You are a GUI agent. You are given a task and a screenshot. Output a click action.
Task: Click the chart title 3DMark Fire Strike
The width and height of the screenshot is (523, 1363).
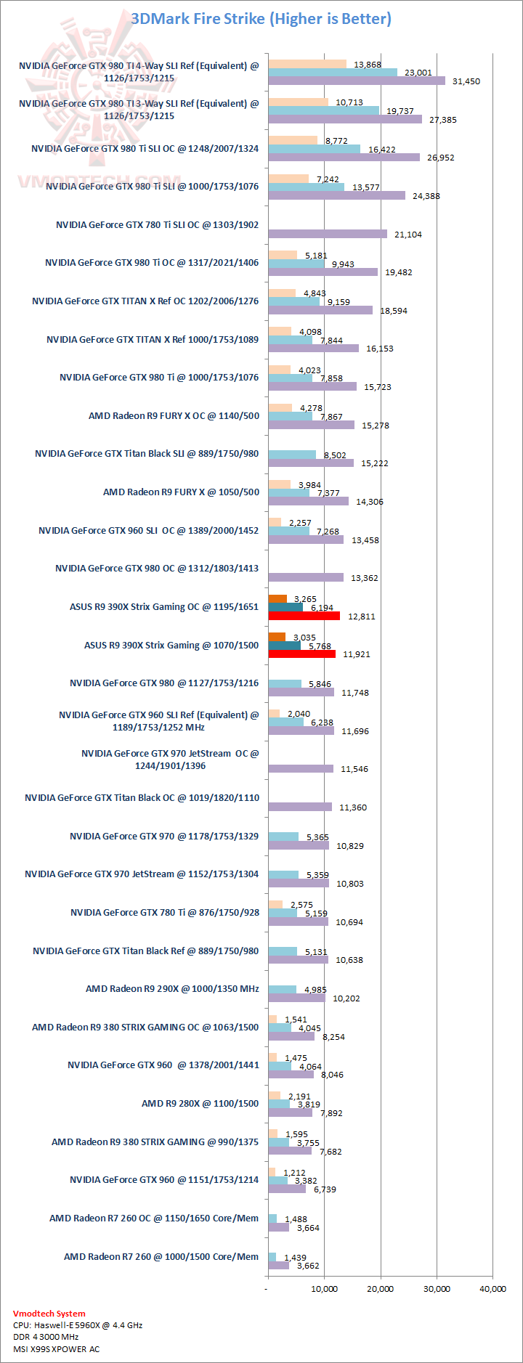click(x=261, y=19)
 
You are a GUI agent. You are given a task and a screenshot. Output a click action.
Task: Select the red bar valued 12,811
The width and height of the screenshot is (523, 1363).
click(x=304, y=616)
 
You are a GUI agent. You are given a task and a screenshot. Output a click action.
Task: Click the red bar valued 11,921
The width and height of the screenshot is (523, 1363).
click(x=301, y=654)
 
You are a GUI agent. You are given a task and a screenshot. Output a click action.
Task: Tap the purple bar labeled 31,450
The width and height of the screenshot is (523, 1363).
click(x=356, y=81)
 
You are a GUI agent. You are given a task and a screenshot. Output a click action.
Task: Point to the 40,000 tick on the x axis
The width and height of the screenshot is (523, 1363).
click(x=493, y=1289)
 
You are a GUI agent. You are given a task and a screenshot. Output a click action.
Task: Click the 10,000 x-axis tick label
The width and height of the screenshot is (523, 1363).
click(x=325, y=1289)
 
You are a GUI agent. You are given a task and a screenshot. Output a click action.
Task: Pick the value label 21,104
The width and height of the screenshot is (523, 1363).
click(x=408, y=235)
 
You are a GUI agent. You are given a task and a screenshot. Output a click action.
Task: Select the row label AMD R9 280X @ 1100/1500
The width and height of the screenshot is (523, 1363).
click(x=200, y=1103)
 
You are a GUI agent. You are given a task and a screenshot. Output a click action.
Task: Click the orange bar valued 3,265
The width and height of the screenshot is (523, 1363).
click(x=277, y=598)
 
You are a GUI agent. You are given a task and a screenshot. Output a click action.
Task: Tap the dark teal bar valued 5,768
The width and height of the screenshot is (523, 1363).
click(x=284, y=646)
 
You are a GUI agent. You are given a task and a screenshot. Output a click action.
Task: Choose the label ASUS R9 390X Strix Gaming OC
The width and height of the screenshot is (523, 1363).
click(x=163, y=606)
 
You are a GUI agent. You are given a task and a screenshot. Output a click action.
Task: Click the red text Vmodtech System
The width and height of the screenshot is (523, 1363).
click(x=49, y=1314)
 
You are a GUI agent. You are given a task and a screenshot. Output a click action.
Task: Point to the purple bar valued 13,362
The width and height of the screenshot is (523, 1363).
click(x=306, y=577)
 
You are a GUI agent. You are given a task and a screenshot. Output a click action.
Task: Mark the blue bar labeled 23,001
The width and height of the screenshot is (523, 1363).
click(x=333, y=72)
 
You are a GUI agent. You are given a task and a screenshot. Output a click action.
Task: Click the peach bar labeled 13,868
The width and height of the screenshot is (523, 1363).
click(x=307, y=64)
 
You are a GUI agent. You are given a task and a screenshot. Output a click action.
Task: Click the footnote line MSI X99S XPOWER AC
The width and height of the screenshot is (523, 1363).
click(x=56, y=1349)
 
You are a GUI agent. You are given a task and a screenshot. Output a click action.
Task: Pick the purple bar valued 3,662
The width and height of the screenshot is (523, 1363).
click(x=278, y=1266)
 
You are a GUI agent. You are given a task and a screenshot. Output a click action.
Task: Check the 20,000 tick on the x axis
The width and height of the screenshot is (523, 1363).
click(x=381, y=1289)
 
